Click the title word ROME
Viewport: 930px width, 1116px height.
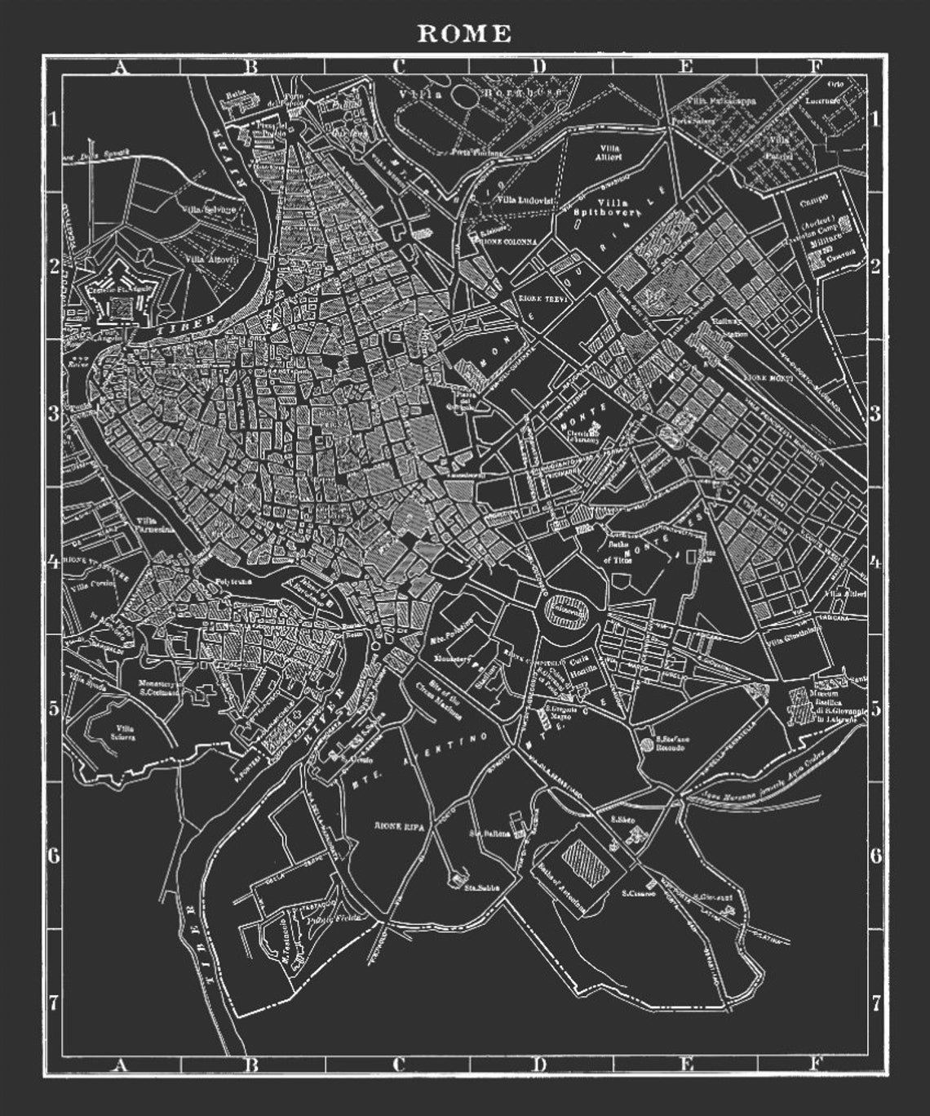[x=464, y=33]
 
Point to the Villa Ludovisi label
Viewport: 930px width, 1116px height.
[x=525, y=200]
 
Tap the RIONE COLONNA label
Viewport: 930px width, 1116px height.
[x=509, y=242]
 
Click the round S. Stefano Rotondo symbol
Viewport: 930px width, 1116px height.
[x=647, y=744]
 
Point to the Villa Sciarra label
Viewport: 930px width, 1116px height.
[x=125, y=731]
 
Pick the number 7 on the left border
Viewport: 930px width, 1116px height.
[x=54, y=1003]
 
